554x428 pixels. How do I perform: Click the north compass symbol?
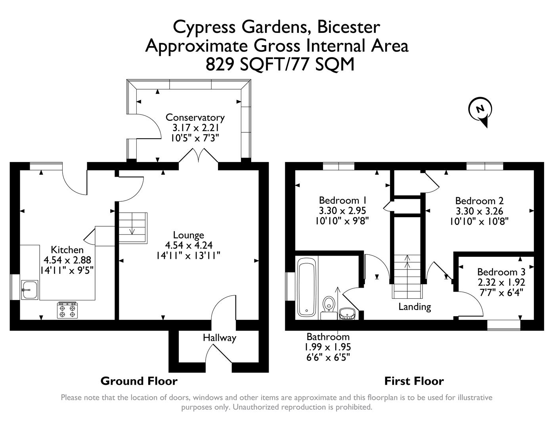(x=480, y=110)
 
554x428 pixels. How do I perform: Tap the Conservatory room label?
(x=195, y=118)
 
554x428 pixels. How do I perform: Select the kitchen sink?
(x=29, y=290)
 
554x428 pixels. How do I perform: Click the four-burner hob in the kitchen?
(x=67, y=310)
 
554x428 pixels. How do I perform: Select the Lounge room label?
(x=188, y=235)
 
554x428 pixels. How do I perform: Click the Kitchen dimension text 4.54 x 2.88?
(x=67, y=260)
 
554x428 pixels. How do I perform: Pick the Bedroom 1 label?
(x=342, y=200)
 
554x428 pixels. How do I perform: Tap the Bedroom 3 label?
(x=501, y=272)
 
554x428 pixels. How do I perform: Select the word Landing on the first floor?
(x=415, y=306)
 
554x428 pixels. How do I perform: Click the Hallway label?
(x=220, y=338)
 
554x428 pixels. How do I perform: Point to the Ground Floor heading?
(x=139, y=381)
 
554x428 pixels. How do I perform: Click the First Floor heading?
(x=414, y=381)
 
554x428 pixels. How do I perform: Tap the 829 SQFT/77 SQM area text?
(x=280, y=65)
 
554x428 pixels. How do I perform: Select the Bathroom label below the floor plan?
(x=328, y=337)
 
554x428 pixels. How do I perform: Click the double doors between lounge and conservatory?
(x=198, y=156)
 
